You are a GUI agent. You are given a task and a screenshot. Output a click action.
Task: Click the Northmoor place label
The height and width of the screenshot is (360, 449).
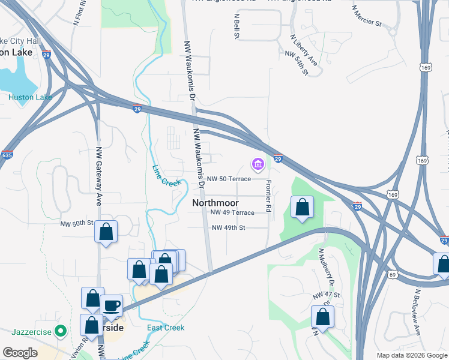[215, 203]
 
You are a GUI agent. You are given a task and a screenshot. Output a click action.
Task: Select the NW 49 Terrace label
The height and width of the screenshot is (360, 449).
[232, 212]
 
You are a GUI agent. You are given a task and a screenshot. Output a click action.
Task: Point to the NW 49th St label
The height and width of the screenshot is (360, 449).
[228, 227]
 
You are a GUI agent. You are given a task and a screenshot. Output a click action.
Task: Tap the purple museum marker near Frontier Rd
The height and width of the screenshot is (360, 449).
[258, 164]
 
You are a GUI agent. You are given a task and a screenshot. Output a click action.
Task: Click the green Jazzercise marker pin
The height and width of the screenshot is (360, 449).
[60, 331]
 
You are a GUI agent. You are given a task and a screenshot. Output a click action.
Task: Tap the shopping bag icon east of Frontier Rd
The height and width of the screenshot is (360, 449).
[302, 208]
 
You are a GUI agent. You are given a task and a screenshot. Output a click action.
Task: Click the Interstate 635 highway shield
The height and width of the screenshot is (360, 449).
[7, 155]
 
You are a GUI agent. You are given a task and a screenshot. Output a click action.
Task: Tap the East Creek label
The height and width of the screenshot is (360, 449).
[166, 328]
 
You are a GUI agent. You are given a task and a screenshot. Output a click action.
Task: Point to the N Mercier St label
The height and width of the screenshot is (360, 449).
[367, 17]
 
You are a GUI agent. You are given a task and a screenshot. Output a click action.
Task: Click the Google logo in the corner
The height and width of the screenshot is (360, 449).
[20, 353]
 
